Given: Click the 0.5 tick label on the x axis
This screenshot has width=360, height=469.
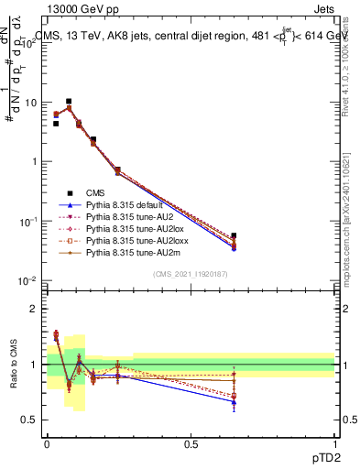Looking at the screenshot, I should point(191,444).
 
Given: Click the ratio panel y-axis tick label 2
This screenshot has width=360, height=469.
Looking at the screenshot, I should point(35,309).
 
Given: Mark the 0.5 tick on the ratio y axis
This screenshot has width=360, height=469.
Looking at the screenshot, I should point(31,420).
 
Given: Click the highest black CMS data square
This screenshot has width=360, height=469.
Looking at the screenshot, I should point(69,102).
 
